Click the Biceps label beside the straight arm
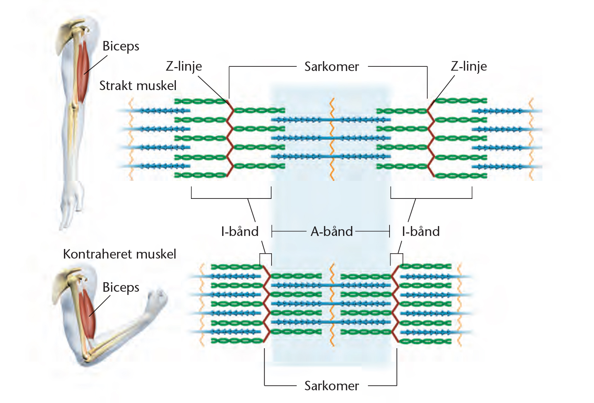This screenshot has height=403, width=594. (121, 46)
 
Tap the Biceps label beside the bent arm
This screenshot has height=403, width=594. (121, 287)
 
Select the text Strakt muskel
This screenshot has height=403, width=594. (138, 85)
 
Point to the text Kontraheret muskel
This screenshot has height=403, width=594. (119, 254)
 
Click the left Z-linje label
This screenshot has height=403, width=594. (184, 66)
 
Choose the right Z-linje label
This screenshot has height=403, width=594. (469, 66)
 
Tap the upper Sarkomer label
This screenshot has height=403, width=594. (332, 66)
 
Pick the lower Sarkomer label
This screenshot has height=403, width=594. (332, 386)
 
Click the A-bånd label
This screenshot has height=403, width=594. (332, 231)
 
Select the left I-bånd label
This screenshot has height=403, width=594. (240, 231)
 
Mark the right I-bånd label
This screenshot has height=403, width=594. (421, 231)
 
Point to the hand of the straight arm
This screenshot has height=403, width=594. (72, 208)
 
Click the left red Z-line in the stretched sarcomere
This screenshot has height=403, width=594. (229, 138)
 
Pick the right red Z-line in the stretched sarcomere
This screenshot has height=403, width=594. (431, 138)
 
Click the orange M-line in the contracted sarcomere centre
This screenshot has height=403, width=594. (331, 304)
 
